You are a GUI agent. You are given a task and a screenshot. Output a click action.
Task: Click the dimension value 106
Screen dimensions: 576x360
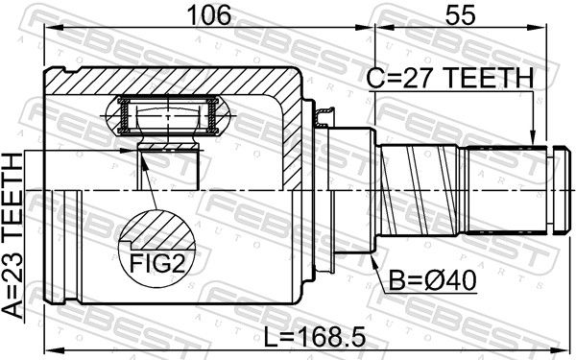click(x=208, y=15)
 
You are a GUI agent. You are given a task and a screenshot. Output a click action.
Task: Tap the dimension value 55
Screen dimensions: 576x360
click(x=460, y=15)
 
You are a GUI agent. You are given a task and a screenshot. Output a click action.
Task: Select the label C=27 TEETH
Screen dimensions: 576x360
click(x=450, y=78)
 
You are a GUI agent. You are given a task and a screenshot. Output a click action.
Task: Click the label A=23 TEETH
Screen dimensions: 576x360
click(x=12, y=236)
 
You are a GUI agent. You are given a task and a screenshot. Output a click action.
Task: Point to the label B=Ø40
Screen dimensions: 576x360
click(x=432, y=280)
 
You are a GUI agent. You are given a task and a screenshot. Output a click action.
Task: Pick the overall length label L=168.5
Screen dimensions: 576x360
click(x=315, y=338)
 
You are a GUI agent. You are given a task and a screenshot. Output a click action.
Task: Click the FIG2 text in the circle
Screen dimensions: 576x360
click(x=156, y=263)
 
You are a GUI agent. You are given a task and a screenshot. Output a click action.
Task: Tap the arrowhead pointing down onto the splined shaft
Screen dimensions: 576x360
click(x=533, y=138)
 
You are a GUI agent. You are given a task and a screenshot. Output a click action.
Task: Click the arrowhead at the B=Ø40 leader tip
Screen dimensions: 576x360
click(x=373, y=260)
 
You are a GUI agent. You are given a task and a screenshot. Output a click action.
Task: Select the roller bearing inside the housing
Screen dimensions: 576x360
click(x=167, y=116)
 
